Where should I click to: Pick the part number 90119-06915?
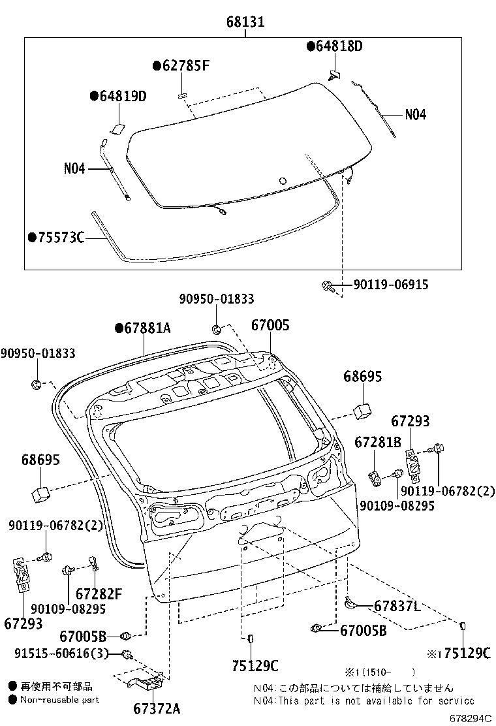click(391, 285)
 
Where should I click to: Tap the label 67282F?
click(99, 593)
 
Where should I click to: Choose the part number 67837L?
click(397, 606)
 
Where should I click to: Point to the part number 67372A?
click(157, 708)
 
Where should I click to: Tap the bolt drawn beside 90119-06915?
click(328, 285)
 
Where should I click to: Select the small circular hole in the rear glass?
click(282, 181)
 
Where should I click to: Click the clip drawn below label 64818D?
click(335, 75)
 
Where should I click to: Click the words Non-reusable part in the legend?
click(60, 699)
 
